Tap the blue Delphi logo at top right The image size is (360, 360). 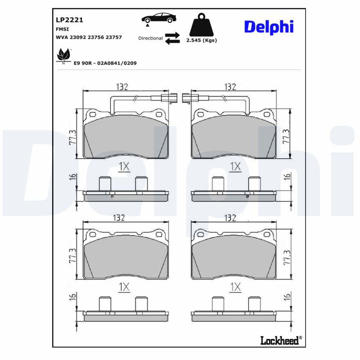[x=269, y=27]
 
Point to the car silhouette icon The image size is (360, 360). [x=159, y=18]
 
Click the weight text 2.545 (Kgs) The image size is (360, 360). [x=201, y=40]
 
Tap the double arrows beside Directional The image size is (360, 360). [x=172, y=38]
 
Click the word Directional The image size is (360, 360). [x=150, y=38]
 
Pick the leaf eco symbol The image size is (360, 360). [x=63, y=56]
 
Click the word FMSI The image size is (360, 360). [x=62, y=29]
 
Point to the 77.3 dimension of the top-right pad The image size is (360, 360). [x=286, y=135]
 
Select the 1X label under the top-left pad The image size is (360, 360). [x=124, y=167]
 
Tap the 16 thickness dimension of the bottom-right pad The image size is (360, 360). [x=287, y=297]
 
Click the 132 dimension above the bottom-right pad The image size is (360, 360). [x=230, y=218]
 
